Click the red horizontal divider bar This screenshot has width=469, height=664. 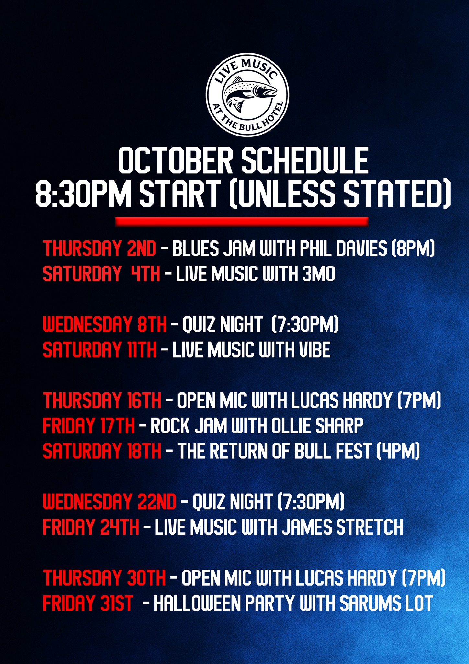tap(242, 221)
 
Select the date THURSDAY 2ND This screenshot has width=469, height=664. tap(100, 249)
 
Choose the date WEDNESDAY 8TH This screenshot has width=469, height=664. tap(105, 325)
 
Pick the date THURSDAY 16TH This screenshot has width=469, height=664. tap(102, 400)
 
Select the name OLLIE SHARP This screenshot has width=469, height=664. tap(317, 426)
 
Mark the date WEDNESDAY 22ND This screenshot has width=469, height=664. tap(110, 502)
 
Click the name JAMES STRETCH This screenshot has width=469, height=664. tap(342, 527)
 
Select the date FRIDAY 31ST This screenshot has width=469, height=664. tap(88, 603)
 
